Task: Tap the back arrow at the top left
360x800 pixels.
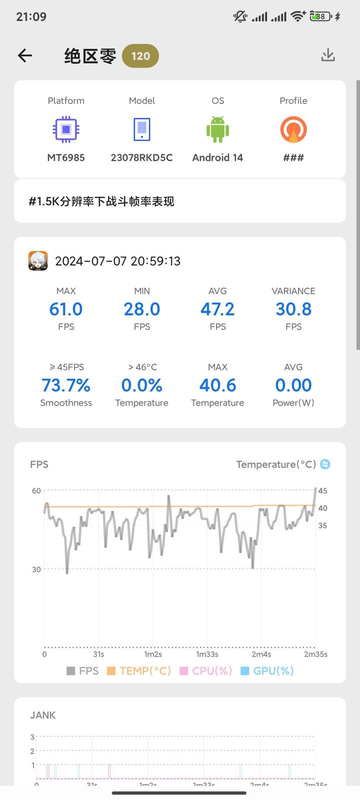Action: (25, 55)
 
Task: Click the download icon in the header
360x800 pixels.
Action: (328, 55)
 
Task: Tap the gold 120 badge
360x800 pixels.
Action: (140, 56)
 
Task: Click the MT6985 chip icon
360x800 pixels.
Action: (66, 129)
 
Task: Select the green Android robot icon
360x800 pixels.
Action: (217, 129)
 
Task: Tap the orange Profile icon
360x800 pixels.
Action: (293, 129)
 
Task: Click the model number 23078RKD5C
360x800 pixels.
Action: (141, 157)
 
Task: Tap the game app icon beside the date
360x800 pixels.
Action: (38, 261)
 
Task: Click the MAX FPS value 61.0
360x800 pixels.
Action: (66, 309)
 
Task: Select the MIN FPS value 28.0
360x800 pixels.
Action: (142, 309)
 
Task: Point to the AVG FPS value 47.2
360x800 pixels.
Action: (217, 309)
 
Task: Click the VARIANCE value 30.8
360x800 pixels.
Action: (293, 309)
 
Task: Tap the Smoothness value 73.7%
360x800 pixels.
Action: (66, 385)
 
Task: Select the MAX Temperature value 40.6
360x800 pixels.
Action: (217, 385)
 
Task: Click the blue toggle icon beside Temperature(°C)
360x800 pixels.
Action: (325, 464)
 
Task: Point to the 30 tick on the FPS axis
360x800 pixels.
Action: (36, 569)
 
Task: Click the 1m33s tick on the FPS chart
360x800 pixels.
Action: (207, 654)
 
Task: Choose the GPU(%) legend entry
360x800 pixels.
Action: (267, 671)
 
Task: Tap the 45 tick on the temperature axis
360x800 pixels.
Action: (323, 491)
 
